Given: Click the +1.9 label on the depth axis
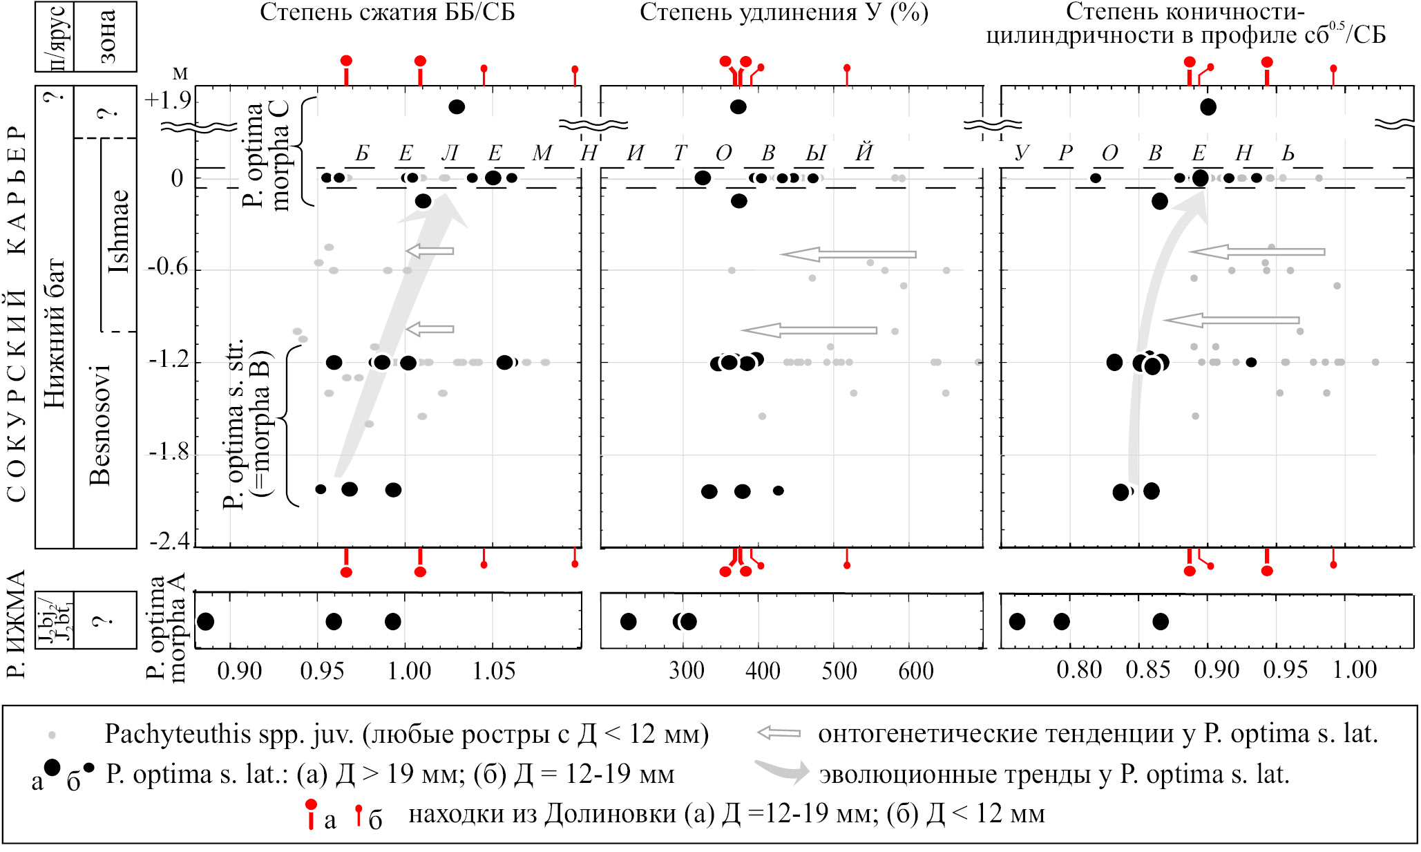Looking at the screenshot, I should click(168, 101).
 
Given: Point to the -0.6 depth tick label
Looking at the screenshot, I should click(168, 268).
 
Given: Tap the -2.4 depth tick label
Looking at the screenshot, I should click(168, 541).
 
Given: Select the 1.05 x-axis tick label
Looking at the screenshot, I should click(493, 670).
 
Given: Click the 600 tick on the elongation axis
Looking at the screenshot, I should click(916, 670).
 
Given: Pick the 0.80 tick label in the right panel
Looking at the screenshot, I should click(1079, 670).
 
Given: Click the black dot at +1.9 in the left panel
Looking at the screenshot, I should click(457, 106).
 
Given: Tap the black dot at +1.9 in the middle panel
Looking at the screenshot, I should click(738, 106).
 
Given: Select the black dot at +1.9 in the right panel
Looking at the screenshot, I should click(1208, 106).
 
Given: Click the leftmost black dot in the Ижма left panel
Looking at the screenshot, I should click(206, 621).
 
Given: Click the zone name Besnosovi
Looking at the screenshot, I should click(100, 425).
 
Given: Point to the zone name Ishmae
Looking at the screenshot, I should click(120, 231).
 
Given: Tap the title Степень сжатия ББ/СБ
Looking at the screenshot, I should click(387, 12).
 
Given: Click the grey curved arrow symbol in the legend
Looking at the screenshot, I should click(781, 771).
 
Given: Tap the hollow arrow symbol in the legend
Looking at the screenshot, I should click(779, 733).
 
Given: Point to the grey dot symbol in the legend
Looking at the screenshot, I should click(52, 735).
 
